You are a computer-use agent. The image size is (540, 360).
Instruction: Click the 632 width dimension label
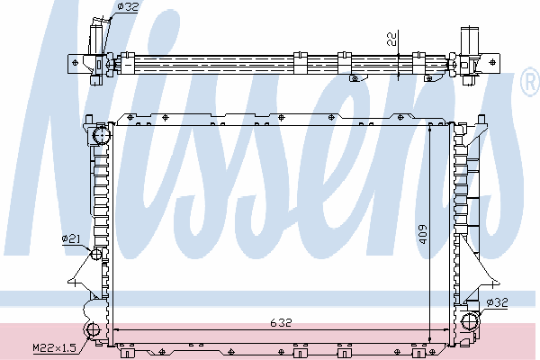281,323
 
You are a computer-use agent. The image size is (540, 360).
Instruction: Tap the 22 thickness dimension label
391,38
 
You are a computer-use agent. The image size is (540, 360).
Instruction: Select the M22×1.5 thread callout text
54,347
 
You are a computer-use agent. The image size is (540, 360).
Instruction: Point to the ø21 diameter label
71,238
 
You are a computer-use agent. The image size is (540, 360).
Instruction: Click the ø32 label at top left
128,6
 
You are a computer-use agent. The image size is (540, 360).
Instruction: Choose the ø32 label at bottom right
498,302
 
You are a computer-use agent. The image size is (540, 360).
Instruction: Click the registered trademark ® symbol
530,82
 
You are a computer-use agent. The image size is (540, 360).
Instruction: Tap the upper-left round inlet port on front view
102,135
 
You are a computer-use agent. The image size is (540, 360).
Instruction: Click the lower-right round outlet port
470,321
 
